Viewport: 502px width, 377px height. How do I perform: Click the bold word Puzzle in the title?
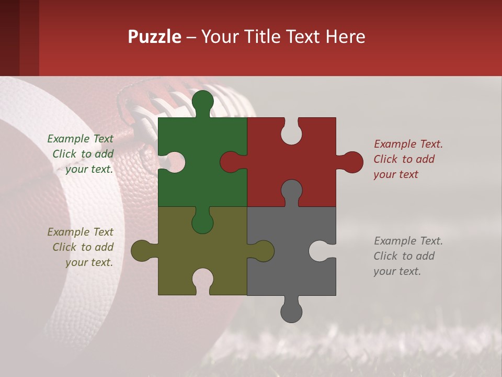[x=155, y=37]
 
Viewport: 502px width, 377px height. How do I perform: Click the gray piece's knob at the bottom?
[x=291, y=312]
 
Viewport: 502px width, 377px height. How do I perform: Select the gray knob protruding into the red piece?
[x=291, y=191]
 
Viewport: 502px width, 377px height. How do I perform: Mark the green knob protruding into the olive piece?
[x=202, y=223]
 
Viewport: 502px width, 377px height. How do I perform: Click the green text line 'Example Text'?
[x=80, y=139]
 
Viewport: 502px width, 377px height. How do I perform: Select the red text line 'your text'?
[x=396, y=175]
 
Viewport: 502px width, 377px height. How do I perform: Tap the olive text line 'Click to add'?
[x=83, y=247]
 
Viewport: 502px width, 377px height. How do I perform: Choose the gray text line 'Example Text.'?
[x=408, y=241]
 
